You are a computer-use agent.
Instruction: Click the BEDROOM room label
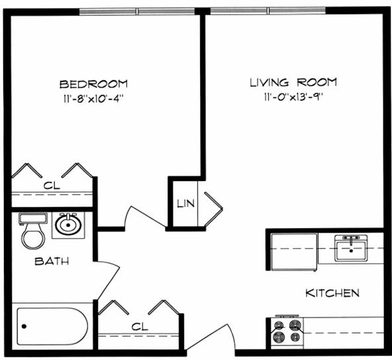(x=93, y=84)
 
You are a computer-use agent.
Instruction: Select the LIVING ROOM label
(x=293, y=82)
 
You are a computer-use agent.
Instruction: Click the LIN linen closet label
(x=186, y=204)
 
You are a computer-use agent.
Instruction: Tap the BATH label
(x=52, y=261)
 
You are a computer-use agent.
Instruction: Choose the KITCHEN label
(x=332, y=292)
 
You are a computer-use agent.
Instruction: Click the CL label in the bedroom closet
(x=52, y=186)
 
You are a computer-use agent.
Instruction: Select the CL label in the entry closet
(x=140, y=326)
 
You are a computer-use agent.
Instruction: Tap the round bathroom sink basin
(x=68, y=225)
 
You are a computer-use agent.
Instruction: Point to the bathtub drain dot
(x=24, y=326)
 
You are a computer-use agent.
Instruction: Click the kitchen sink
(x=351, y=249)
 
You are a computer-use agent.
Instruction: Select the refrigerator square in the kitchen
(x=294, y=252)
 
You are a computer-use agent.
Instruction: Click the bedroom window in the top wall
(x=137, y=11)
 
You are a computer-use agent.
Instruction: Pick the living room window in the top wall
(x=268, y=11)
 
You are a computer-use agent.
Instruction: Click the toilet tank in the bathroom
(x=33, y=218)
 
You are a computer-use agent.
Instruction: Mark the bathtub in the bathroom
(x=52, y=326)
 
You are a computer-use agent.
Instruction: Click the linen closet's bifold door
(x=214, y=209)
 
